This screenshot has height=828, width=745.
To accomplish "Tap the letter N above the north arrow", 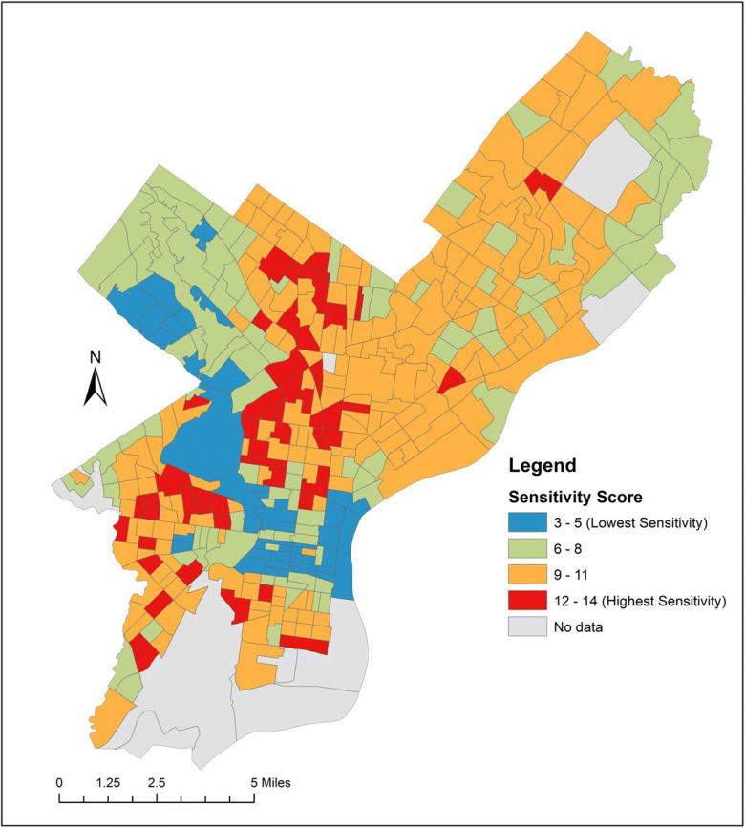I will [x=95, y=357].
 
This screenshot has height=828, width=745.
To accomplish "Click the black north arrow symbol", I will [x=95, y=387].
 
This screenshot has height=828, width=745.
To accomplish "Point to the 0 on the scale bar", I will [x=60, y=781].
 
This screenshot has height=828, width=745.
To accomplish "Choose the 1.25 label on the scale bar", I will [x=108, y=781].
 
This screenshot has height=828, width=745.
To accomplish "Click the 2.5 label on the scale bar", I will [x=157, y=781].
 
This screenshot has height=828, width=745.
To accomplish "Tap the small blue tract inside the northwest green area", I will [x=202, y=232].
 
